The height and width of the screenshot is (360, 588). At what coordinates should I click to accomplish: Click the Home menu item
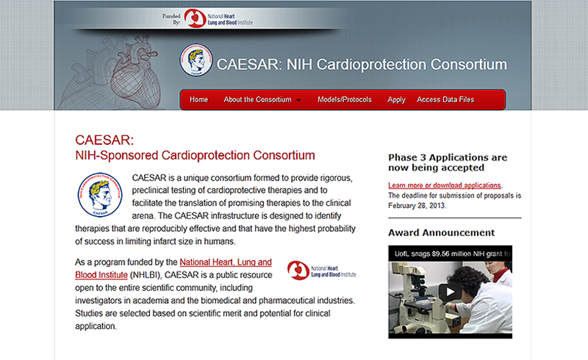point(199,99)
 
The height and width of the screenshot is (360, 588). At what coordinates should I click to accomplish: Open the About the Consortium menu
point(258,99)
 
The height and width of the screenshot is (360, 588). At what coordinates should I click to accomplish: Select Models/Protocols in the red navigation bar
point(344,99)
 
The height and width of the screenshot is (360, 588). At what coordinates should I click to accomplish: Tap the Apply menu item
point(396,100)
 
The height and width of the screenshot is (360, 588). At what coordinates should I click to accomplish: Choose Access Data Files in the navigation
point(445,99)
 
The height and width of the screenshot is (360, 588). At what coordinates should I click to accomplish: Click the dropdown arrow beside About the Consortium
point(298,100)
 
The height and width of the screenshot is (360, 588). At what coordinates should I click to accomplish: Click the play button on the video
point(450,292)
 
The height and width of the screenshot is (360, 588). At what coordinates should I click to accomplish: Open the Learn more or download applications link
point(445,186)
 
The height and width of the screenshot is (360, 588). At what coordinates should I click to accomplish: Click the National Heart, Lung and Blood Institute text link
point(173,269)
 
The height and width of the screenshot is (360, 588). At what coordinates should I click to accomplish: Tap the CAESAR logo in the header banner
point(196,60)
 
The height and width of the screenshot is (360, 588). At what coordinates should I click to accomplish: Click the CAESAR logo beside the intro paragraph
point(99,195)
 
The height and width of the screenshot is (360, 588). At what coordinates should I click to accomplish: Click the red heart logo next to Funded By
point(195,18)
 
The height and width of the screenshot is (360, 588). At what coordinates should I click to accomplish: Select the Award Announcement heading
point(442,233)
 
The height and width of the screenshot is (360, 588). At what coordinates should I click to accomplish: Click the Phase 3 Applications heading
point(447,162)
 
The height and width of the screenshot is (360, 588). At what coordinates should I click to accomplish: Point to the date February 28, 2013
point(416,206)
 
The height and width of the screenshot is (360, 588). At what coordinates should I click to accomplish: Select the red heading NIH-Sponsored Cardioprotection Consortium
point(195,155)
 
